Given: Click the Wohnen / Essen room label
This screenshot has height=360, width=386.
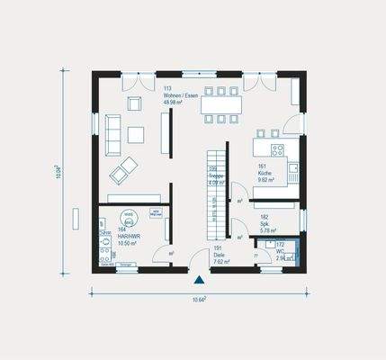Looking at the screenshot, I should coord(180,95).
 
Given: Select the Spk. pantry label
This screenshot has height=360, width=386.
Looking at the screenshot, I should coord(265,223).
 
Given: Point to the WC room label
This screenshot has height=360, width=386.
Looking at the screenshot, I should coord(280,250).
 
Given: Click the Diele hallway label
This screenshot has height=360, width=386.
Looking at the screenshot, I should coord(220,255).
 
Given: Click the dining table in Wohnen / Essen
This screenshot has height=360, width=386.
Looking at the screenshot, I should coord(220,103).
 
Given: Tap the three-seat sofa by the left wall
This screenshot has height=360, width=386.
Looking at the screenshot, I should coord(113,133).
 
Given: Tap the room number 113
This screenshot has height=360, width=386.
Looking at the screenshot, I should coord(166,88).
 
